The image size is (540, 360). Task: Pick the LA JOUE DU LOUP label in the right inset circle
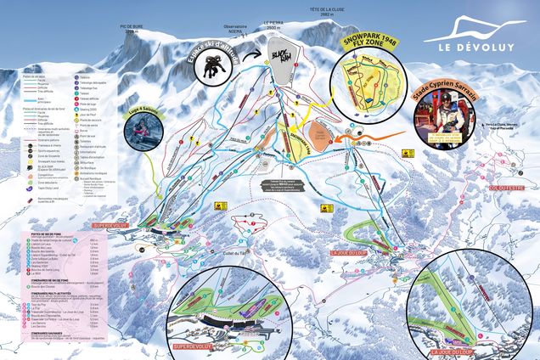point(450,351)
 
